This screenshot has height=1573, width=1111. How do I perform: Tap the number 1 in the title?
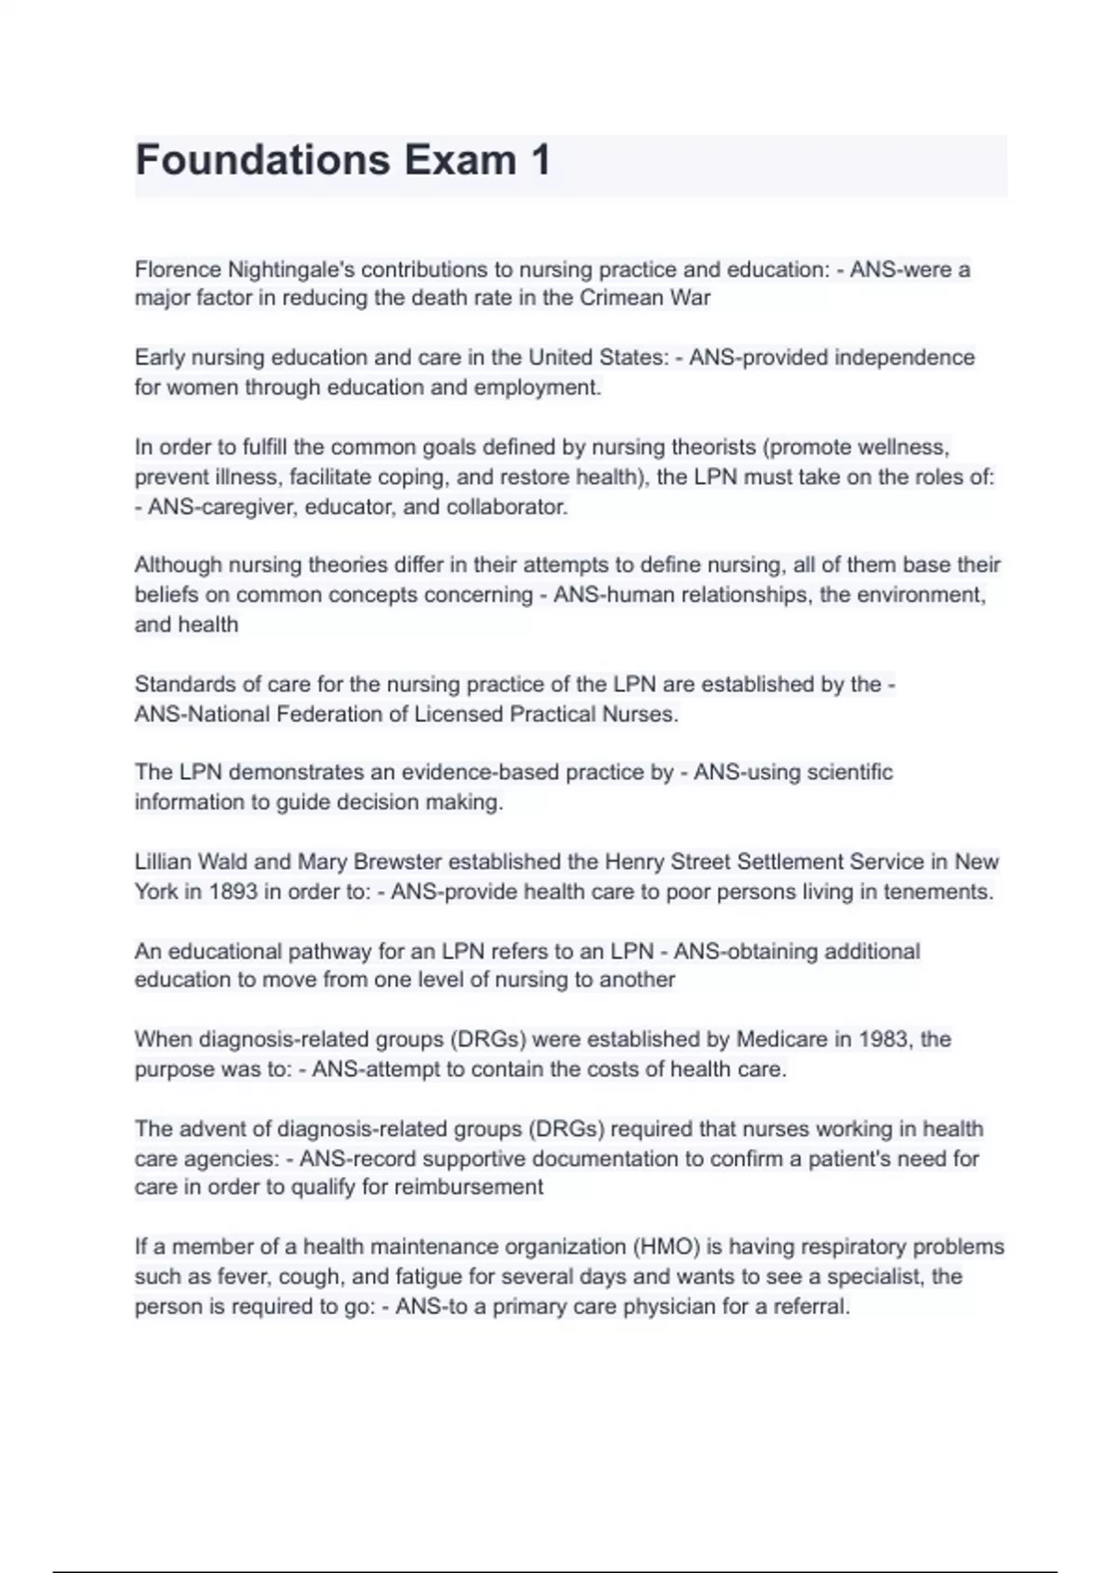(540, 160)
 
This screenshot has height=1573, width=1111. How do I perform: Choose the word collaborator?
(506, 507)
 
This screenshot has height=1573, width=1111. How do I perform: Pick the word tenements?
(938, 892)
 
